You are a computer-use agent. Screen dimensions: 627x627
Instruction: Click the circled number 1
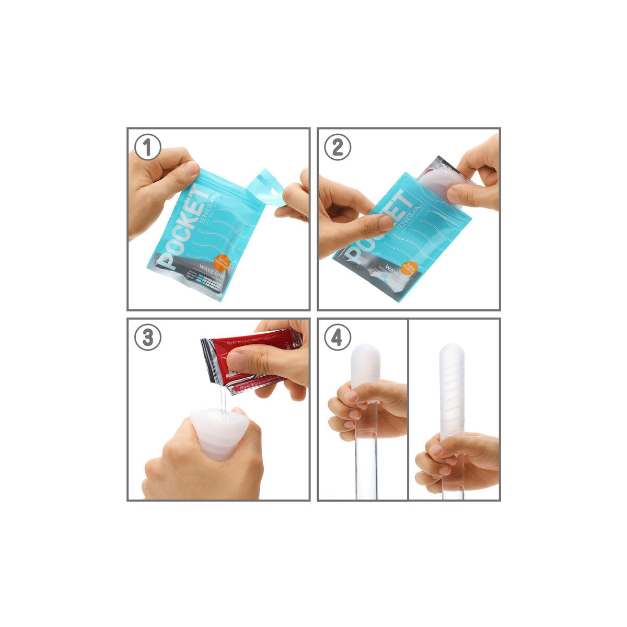(x=148, y=148)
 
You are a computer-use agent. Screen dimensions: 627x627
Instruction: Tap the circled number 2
(x=338, y=148)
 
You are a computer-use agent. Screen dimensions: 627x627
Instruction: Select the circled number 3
(x=148, y=338)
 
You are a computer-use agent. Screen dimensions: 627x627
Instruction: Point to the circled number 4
(x=338, y=338)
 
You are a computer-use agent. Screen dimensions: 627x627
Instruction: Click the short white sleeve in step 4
(x=366, y=363)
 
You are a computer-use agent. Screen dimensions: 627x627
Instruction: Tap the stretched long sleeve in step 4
(x=452, y=387)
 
